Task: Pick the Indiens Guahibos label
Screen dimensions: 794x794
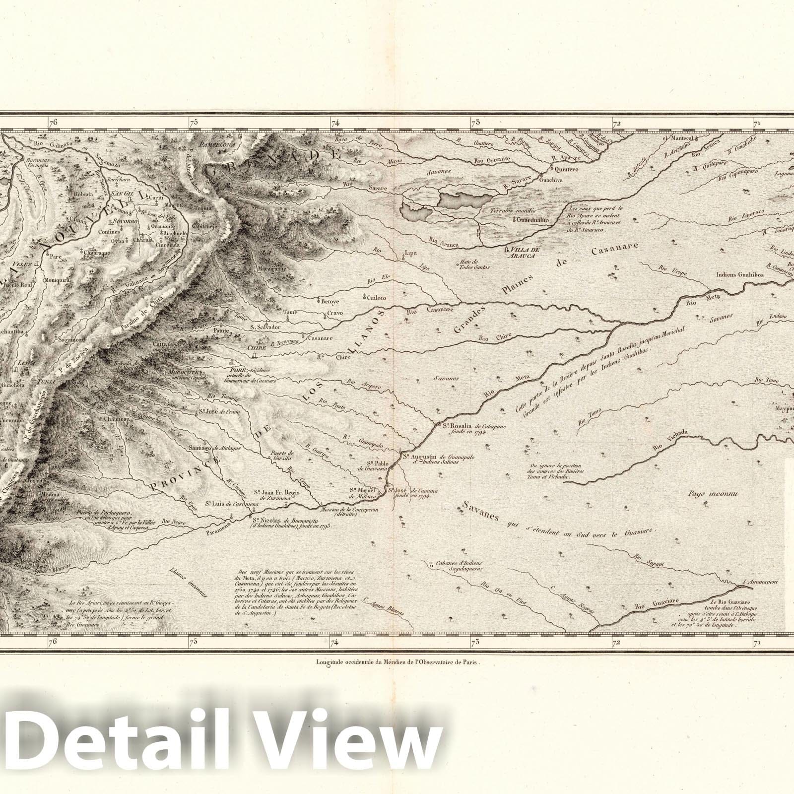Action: click(x=740, y=274)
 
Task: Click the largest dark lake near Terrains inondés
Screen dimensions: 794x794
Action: click(x=464, y=201)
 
